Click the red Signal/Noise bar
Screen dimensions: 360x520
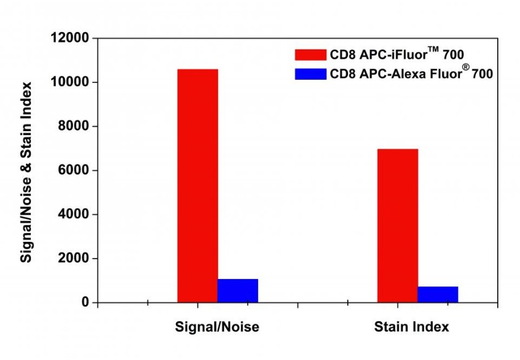pyautogui.click(x=197, y=186)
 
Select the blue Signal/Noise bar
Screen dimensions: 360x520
pyautogui.click(x=238, y=291)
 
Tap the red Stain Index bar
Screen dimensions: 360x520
pyautogui.click(x=397, y=225)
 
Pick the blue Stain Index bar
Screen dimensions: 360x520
pyautogui.click(x=438, y=294)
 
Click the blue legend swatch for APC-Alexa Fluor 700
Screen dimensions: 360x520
pyautogui.click(x=310, y=74)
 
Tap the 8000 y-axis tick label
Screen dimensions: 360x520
pyautogui.click(x=72, y=126)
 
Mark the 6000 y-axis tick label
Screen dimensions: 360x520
pyautogui.click(x=72, y=170)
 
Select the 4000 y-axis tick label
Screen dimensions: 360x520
pyautogui.click(x=72, y=214)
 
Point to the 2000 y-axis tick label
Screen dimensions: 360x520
pyautogui.click(x=72, y=259)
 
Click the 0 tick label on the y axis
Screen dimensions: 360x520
pyautogui.click(x=84, y=302)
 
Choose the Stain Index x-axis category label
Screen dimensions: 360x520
pyautogui.click(x=412, y=327)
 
